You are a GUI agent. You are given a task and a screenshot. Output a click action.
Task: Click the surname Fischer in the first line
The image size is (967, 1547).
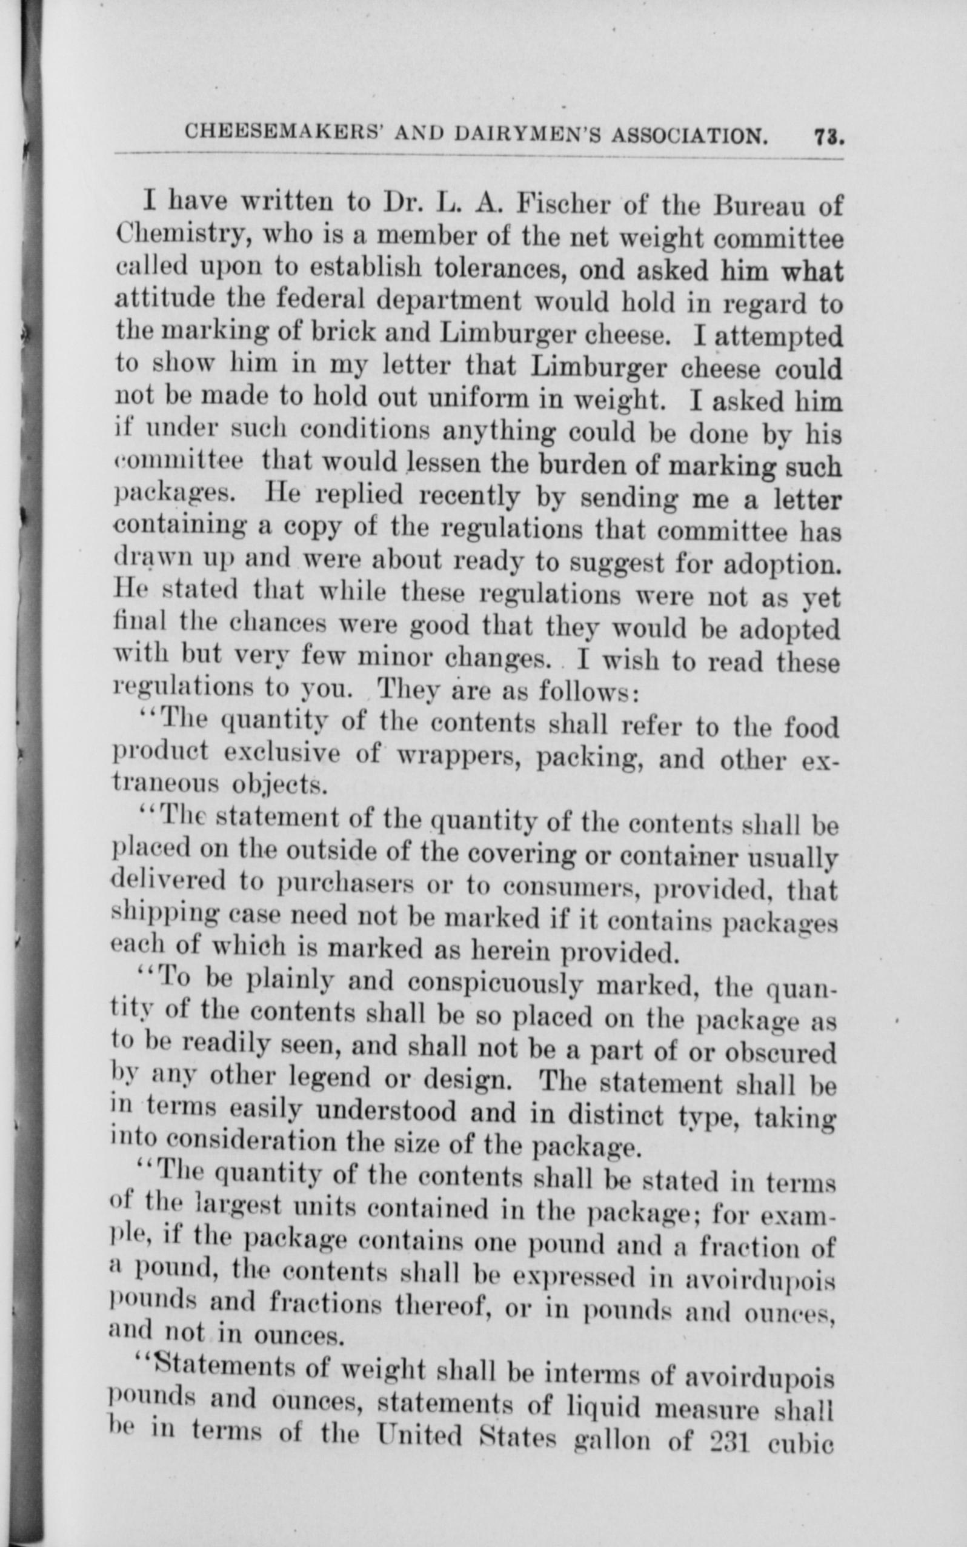tap(559, 205)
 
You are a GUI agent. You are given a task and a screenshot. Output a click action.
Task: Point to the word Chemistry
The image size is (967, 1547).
tap(178, 238)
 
